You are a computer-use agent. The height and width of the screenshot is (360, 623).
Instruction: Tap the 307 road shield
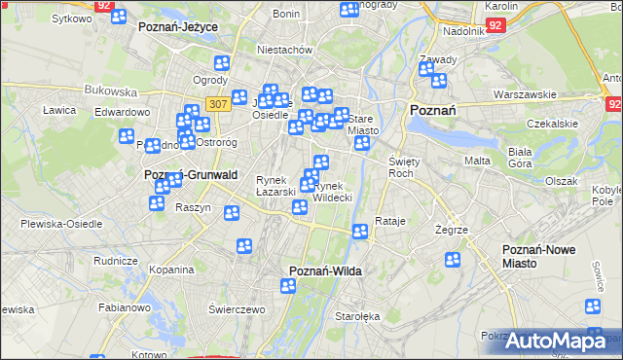click(218, 103)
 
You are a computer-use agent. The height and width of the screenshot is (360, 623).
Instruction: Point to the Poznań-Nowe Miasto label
click(538, 257)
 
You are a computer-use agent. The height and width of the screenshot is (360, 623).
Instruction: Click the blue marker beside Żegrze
click(453, 260)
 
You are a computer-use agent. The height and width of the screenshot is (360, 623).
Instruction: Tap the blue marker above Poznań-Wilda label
click(288, 285)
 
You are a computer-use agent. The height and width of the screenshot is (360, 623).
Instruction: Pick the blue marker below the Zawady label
click(439, 80)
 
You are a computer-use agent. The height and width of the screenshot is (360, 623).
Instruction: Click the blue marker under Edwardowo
click(126, 136)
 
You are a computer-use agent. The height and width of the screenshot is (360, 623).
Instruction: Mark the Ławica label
click(59, 110)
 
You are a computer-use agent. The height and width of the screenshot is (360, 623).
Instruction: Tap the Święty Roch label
click(402, 166)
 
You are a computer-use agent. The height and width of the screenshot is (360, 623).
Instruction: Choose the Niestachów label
click(282, 49)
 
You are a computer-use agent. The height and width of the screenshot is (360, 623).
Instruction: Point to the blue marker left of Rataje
click(359, 232)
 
